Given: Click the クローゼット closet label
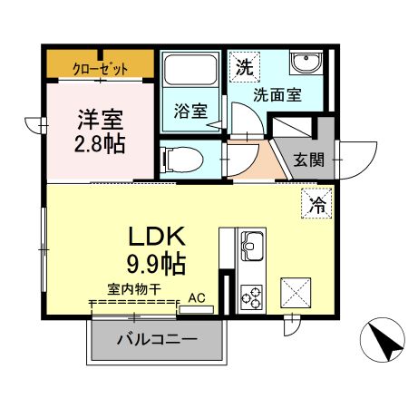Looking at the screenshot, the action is tap(100, 69).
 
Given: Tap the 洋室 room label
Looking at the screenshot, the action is tap(101, 120).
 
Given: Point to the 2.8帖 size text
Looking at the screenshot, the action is tap(100, 144).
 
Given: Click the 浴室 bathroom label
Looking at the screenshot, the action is tap(190, 111).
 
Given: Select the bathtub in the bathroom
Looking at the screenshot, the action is tap(190, 69).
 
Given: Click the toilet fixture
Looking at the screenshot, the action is tap(181, 160).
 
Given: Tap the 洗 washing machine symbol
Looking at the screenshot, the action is tap(244, 67).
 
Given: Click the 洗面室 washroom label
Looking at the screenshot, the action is tap(277, 94).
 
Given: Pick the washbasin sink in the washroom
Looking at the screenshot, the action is tap(306, 63).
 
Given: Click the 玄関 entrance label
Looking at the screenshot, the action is tap(309, 160).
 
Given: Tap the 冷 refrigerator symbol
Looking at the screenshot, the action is tap(316, 203).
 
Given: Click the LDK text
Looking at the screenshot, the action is tap(157, 237).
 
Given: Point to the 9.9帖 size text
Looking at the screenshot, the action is tap(156, 263).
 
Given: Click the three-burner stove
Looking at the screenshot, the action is tap(251, 296).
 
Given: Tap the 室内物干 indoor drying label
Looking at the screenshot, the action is tap(134, 290).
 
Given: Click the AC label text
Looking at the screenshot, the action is tap(197, 298).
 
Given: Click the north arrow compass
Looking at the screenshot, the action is tap(383, 340).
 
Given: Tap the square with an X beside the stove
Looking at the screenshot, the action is tap(296, 293).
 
